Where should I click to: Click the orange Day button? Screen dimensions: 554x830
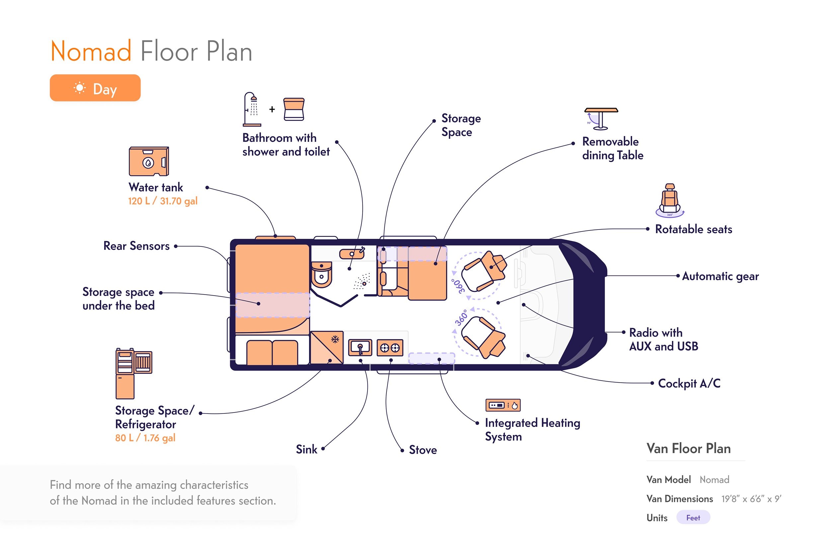coord(95,88)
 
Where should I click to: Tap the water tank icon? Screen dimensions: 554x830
coord(149,161)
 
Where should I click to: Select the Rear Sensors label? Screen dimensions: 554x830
coord(136,246)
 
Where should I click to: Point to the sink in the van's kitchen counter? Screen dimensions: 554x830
coord(360,348)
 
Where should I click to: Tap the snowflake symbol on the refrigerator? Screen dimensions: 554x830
coord(335,339)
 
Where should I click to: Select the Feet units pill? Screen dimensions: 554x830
coord(693,517)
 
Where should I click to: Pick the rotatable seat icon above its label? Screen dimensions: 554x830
coord(670,200)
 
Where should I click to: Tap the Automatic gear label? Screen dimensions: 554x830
coord(720,276)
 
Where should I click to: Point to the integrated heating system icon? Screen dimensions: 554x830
coord(503,405)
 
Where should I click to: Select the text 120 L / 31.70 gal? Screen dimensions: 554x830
coord(162,201)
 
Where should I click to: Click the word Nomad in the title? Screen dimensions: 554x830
coord(91,51)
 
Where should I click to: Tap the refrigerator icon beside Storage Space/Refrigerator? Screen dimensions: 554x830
coord(133,373)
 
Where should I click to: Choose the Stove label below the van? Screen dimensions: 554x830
coord(423,450)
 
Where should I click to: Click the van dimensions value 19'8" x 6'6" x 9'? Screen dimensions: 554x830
coord(751,499)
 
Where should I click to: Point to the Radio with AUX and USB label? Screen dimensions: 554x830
coord(663,339)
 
